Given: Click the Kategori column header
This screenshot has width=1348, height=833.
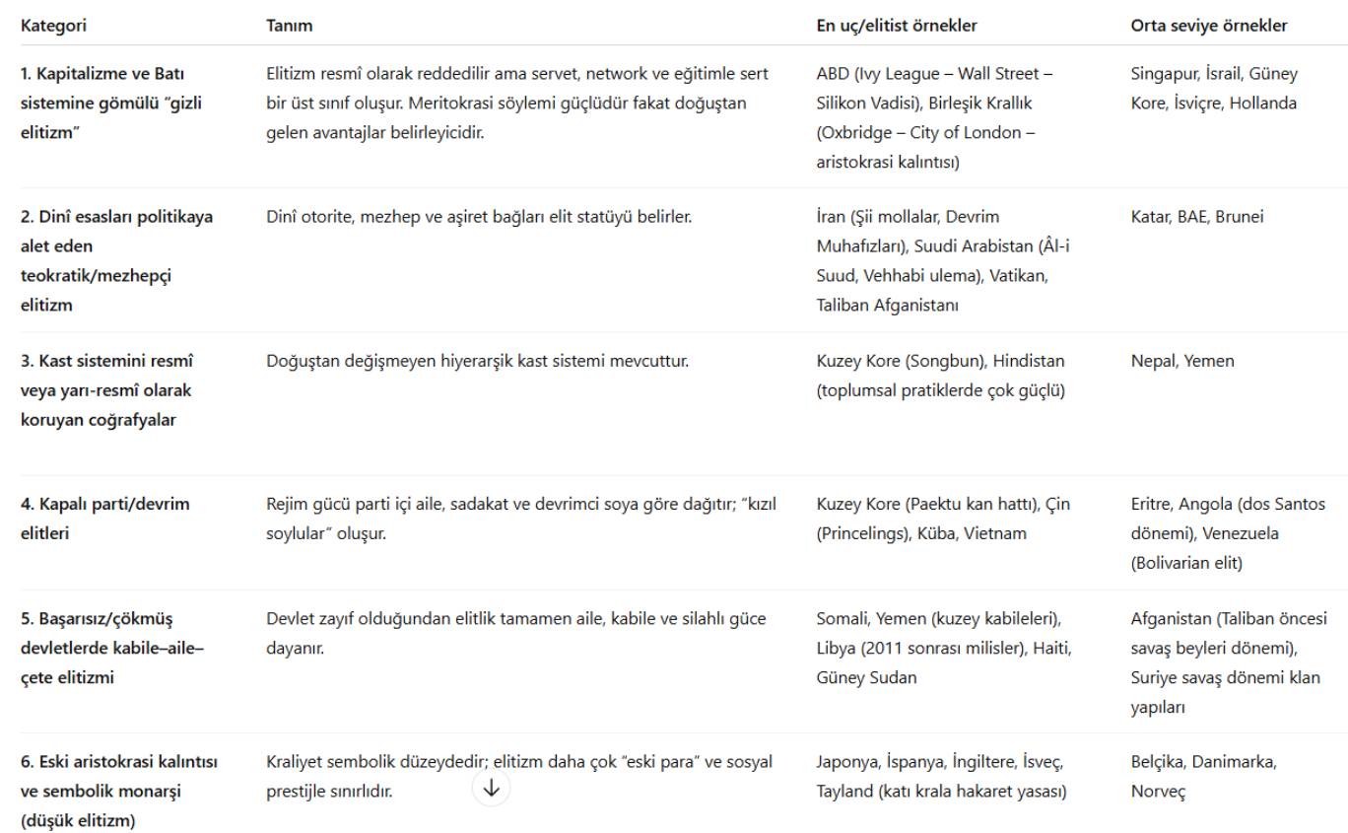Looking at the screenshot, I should pyautogui.click(x=54, y=27).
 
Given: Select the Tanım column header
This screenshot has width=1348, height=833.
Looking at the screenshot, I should pyautogui.click(x=290, y=27).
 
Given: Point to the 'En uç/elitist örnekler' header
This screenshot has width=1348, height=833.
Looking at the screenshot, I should pyautogui.click(x=897, y=27).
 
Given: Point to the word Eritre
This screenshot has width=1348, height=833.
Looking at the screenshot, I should pyautogui.click(x=1153, y=505).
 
